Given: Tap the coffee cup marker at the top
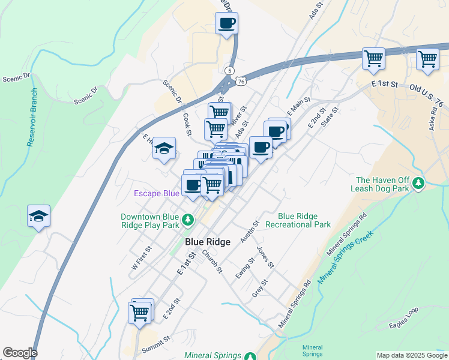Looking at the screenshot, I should coord(227,23).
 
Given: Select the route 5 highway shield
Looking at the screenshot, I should coord(229,71).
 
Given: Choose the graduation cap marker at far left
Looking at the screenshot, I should coord(39,216).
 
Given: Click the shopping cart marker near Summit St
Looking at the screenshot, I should coord(139,312).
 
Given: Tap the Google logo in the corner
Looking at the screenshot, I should coord(20,353).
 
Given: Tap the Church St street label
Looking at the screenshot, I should coord(212,261).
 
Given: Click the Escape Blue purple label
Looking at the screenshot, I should coord(156,193).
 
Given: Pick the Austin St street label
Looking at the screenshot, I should coord(249,231).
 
